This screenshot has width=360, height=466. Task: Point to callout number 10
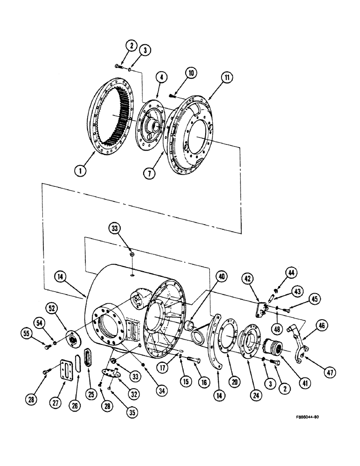[x=192, y=73]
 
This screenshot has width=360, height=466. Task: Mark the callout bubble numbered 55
[x=29, y=332]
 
